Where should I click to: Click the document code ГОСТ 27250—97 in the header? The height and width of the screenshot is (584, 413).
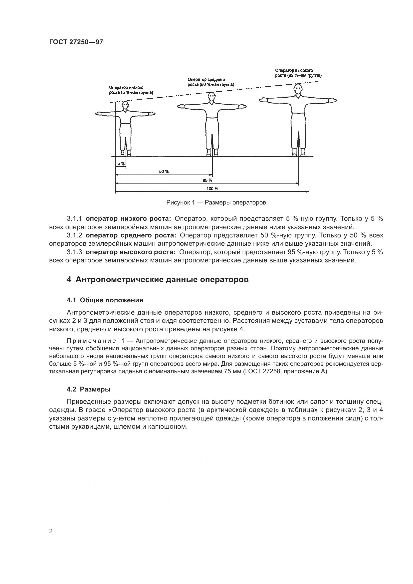click(x=76, y=42)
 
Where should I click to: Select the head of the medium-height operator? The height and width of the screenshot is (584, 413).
click(x=211, y=97)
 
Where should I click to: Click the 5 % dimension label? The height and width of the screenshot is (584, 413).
click(x=121, y=163)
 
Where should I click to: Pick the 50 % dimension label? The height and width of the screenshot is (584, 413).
click(x=164, y=172)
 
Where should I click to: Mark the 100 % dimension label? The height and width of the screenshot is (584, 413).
click(x=212, y=189)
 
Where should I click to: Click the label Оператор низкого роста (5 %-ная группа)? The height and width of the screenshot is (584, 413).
click(x=131, y=90)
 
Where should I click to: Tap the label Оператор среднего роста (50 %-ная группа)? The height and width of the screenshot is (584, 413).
click(x=211, y=82)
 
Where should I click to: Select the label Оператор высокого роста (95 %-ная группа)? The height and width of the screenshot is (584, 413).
click(x=298, y=73)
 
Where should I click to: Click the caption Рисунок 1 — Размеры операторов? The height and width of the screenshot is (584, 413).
click(x=216, y=202)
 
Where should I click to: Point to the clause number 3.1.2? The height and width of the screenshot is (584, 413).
click(x=74, y=235)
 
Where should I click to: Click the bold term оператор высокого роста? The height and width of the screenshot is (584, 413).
click(x=131, y=252)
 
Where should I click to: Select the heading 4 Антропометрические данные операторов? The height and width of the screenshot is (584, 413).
click(x=158, y=280)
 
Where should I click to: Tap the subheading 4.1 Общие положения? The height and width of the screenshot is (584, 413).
click(x=105, y=300)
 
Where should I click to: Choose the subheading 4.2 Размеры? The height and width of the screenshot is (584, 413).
click(x=89, y=389)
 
